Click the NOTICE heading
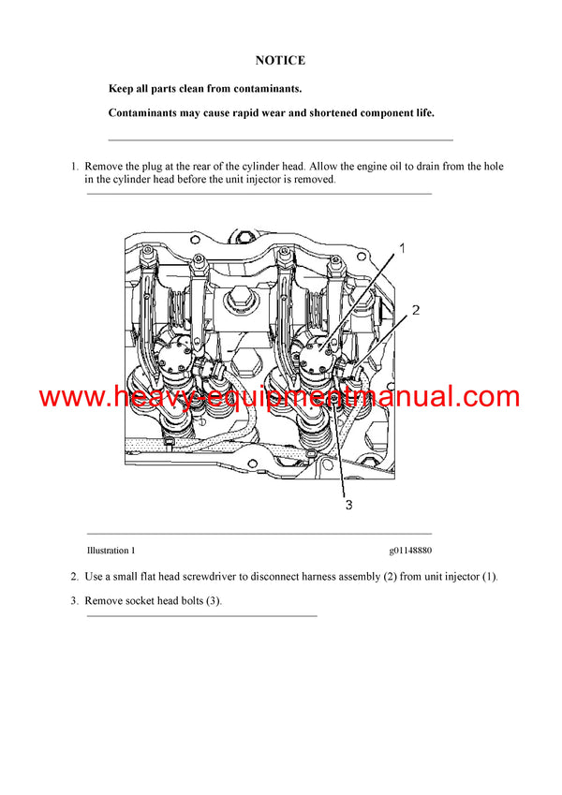click(280, 61)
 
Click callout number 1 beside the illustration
click(402, 248)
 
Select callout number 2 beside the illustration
click(416, 310)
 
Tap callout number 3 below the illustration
click(348, 506)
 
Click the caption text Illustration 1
click(111, 551)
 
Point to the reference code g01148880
click(411, 551)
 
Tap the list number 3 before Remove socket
click(74, 601)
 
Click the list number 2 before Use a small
click(74, 577)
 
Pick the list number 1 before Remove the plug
click(74, 167)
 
